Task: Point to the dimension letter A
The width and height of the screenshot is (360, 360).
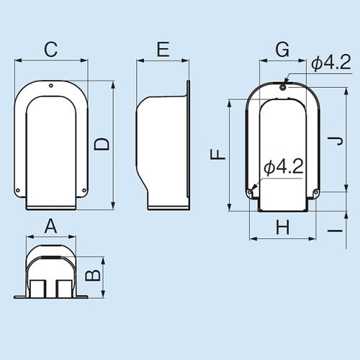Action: coord(50,226)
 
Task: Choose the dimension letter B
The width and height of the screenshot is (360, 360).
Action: coord(92,275)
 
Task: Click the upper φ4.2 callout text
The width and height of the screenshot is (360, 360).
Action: coord(330,64)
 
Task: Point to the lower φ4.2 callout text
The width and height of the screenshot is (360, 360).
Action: coord(282,168)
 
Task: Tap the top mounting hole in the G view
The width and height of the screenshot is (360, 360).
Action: coord(282,87)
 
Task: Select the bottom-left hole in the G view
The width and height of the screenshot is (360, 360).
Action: coord(250,192)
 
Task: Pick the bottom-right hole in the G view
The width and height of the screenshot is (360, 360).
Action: coord(315,192)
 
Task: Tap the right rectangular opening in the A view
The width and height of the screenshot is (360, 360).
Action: coord(64,288)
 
